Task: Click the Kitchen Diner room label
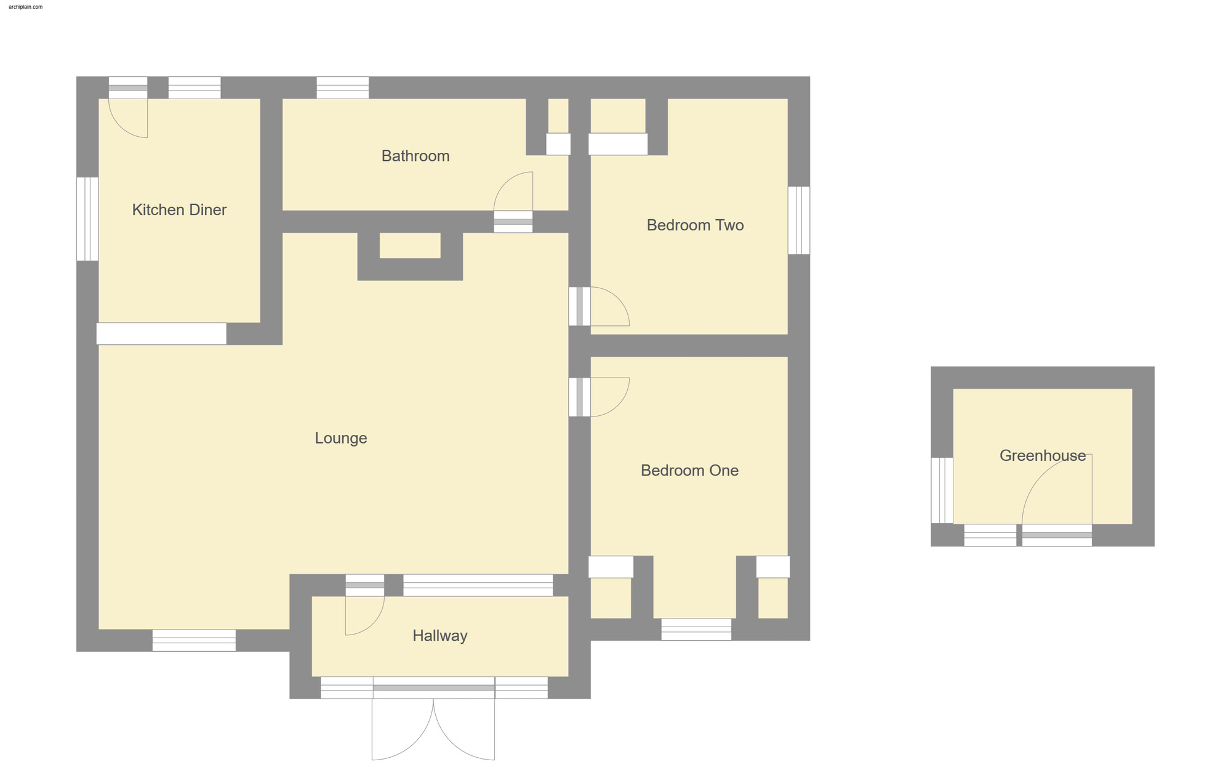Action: tap(179, 210)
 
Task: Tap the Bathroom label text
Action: tap(415, 156)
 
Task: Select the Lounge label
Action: tap(341, 438)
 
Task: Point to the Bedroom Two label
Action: tap(695, 225)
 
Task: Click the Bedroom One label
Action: tap(689, 471)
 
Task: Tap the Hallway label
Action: tap(439, 636)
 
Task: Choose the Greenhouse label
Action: tap(1042, 456)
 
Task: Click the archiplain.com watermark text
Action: tap(26, 7)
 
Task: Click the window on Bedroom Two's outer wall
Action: tap(799, 220)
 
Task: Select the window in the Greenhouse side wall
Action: tap(942, 490)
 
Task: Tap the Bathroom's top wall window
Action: tap(343, 87)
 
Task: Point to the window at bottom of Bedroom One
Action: tap(696, 629)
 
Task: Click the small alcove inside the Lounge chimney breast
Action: tap(410, 245)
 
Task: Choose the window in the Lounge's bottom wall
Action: tap(194, 640)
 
